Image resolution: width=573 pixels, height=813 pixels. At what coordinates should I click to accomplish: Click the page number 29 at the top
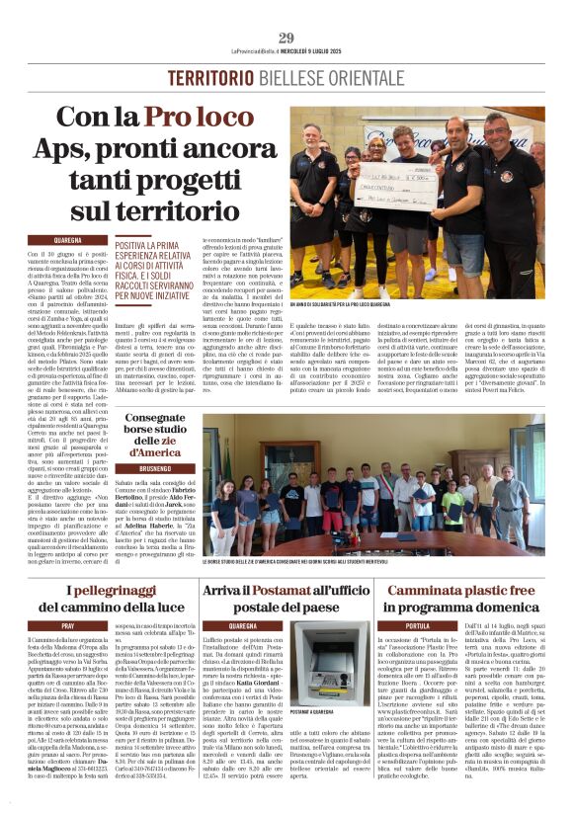[x=286, y=38]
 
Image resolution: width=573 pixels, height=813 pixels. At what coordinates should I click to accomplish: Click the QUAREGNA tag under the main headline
[x=68, y=239]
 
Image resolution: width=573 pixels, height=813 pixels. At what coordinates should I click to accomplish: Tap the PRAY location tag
[x=68, y=626]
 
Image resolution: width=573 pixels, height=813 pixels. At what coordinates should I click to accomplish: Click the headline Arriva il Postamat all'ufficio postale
[x=286, y=598]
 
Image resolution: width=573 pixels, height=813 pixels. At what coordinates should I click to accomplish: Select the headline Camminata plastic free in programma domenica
[x=473, y=598]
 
